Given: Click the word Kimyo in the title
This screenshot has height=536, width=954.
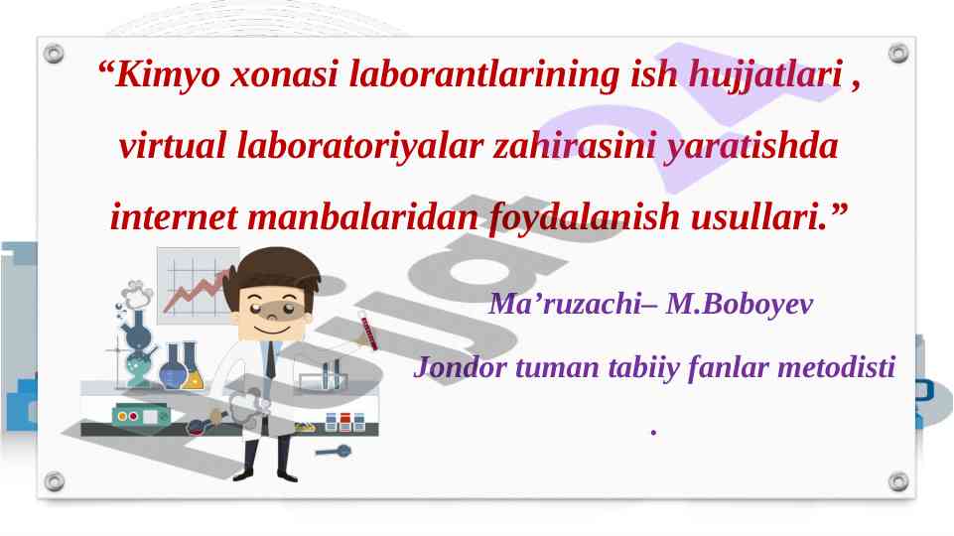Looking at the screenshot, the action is click(167, 74).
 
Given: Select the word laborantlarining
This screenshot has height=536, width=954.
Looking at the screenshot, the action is click(483, 74).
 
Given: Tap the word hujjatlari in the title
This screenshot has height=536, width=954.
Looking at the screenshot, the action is click(766, 74).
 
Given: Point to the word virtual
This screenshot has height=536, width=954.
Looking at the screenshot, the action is click(172, 145).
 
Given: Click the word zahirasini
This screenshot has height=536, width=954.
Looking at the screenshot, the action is click(574, 145).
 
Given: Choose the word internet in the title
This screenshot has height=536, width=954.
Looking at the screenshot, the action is click(174, 216).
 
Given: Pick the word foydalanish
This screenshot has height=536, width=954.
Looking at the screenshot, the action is click(584, 217).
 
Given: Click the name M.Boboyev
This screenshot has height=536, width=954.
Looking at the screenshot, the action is click(739, 304).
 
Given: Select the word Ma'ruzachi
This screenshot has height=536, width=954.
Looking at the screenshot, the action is click(565, 303).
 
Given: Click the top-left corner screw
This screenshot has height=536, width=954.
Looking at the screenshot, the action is click(54, 54).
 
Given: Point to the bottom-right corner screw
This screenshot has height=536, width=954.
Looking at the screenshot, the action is click(898, 481).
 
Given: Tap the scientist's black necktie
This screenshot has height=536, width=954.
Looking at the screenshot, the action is click(270, 360).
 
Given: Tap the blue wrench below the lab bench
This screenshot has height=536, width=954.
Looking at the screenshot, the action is click(334, 452).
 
